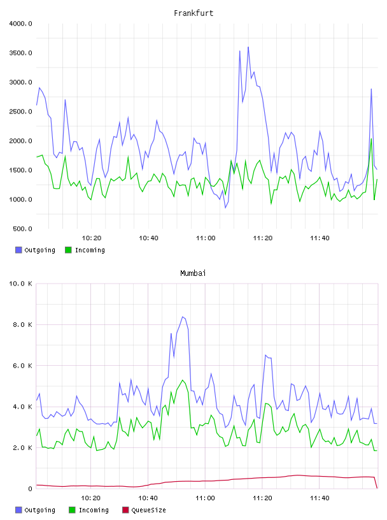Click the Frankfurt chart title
pos(193,13)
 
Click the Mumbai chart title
pos(193,273)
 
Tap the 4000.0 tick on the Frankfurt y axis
pos(20,24)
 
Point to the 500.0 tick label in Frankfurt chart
pos(22,229)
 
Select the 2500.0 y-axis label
pos(20,112)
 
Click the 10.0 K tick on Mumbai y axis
pos(20,284)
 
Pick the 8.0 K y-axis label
pos(22,324)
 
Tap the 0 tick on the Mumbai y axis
pos(30,489)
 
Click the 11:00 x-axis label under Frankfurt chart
pos(206,238)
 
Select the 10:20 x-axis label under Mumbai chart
pos(91,498)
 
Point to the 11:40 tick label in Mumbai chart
pos(320,498)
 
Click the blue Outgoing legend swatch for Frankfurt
pos(18,250)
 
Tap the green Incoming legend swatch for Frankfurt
pos(68,250)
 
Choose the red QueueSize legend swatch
pos(125,510)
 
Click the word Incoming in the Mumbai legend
pos(94,510)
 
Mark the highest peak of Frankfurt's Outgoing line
pos(248,47)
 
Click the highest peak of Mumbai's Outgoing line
pos(183,317)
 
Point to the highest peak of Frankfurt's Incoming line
pos(372,139)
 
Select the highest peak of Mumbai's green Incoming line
pos(183,380)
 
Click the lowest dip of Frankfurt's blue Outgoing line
pos(225,208)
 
